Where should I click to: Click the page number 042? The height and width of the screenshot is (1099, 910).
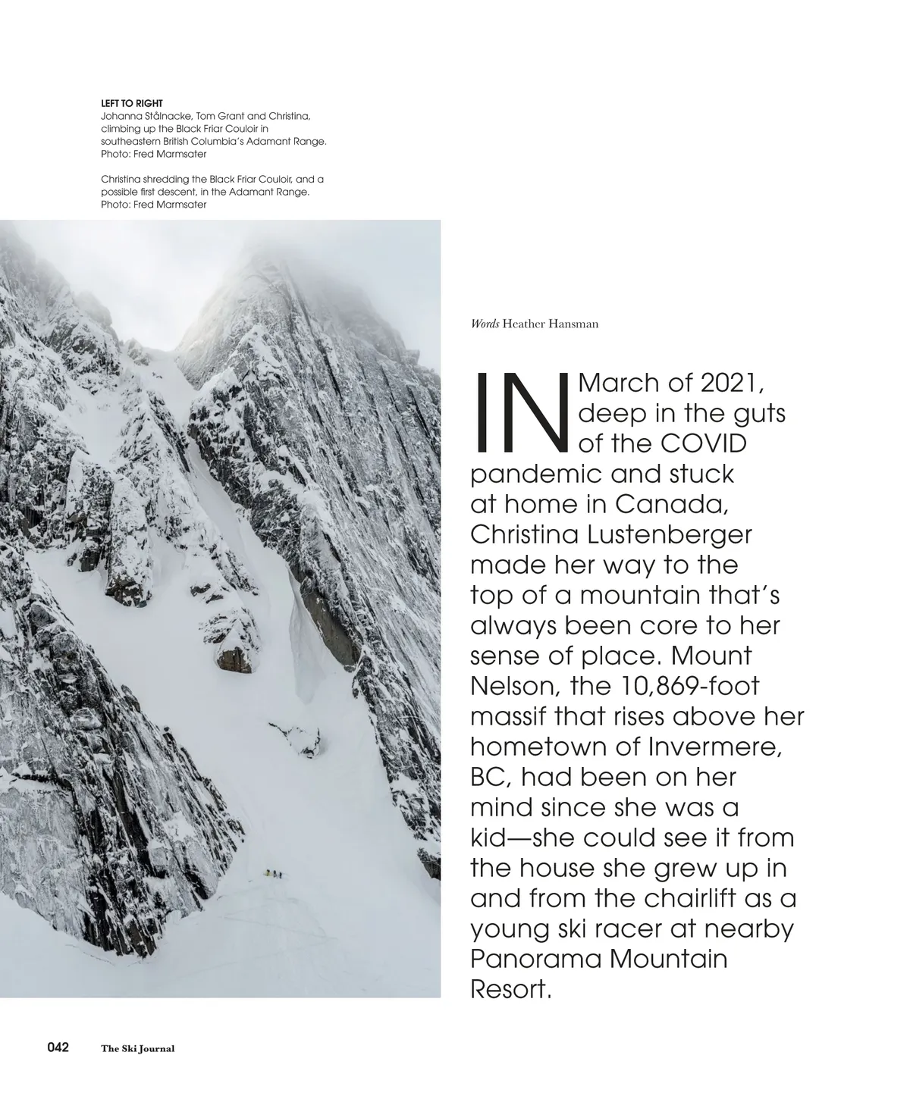click(x=58, y=1047)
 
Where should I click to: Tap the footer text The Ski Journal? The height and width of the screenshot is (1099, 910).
click(x=138, y=1049)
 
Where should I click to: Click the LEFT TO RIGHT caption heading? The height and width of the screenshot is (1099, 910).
click(x=132, y=103)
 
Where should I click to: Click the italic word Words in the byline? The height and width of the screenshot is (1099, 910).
click(x=485, y=324)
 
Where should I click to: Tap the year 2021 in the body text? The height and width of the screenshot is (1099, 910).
click(x=731, y=383)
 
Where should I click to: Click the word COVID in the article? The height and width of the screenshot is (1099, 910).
click(x=703, y=443)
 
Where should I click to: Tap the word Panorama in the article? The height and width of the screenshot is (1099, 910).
click(x=535, y=959)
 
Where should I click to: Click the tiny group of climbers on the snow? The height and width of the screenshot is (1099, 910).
click(x=275, y=874)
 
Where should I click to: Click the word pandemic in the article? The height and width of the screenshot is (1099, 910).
click(x=537, y=474)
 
